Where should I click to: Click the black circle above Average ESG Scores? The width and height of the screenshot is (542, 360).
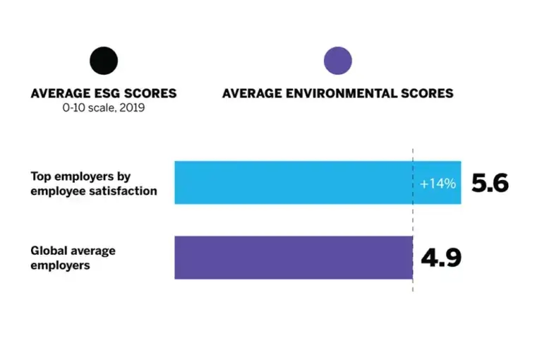[104, 61]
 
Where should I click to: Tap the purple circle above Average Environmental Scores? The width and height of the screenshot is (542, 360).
[337, 61]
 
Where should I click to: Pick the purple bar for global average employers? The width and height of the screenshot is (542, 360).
[293, 258]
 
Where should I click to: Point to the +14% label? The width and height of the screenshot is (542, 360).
[438, 184]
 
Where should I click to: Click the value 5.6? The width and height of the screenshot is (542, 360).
[490, 184]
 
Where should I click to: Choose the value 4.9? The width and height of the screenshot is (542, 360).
[441, 258]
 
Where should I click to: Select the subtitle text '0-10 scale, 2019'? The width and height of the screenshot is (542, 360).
[104, 107]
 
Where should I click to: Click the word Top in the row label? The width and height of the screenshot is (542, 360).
[41, 176]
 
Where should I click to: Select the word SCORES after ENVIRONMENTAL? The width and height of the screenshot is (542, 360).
[428, 93]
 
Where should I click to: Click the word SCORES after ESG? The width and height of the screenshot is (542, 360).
[150, 93]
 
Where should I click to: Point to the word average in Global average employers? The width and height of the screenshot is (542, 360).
[92, 251]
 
